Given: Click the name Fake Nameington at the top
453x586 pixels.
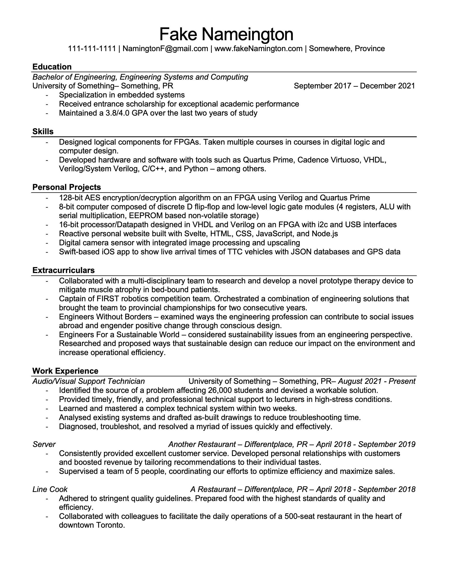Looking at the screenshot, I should (226, 34).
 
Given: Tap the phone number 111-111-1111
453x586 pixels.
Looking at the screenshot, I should (92, 48).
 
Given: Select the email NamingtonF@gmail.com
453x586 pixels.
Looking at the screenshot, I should (165, 48).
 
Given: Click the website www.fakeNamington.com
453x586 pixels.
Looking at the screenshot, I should (258, 48).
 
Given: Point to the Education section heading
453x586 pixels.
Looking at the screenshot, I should (52, 67).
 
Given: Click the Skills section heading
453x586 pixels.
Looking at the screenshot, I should (43, 132).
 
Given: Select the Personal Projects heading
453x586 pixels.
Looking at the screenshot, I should (67, 187).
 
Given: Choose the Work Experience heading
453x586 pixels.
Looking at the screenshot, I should (65, 371).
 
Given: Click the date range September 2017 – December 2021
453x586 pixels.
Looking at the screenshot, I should (354, 86).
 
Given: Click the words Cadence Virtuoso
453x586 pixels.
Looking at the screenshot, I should (329, 160).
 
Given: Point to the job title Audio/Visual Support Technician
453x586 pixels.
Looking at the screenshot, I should (88, 381).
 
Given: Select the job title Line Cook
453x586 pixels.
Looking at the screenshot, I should (50, 489).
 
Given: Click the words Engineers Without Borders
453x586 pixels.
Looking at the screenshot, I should (106, 317).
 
